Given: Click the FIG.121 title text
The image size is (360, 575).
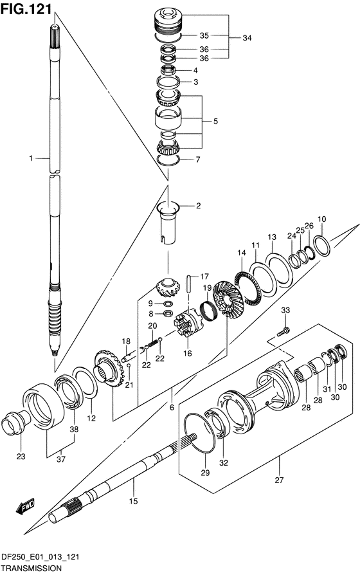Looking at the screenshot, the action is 26,9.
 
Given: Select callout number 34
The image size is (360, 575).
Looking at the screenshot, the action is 247,38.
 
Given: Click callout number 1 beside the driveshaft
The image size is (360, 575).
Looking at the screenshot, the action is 31,158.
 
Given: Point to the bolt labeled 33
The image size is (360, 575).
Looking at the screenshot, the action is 283,331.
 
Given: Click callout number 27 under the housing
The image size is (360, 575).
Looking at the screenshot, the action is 280,480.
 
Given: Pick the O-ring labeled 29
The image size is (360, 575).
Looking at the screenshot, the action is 200,433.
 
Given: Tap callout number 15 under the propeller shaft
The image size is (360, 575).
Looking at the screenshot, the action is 134,501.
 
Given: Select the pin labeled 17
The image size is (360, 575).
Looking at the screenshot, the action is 189,284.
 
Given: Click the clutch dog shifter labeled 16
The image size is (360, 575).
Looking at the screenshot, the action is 188,324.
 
